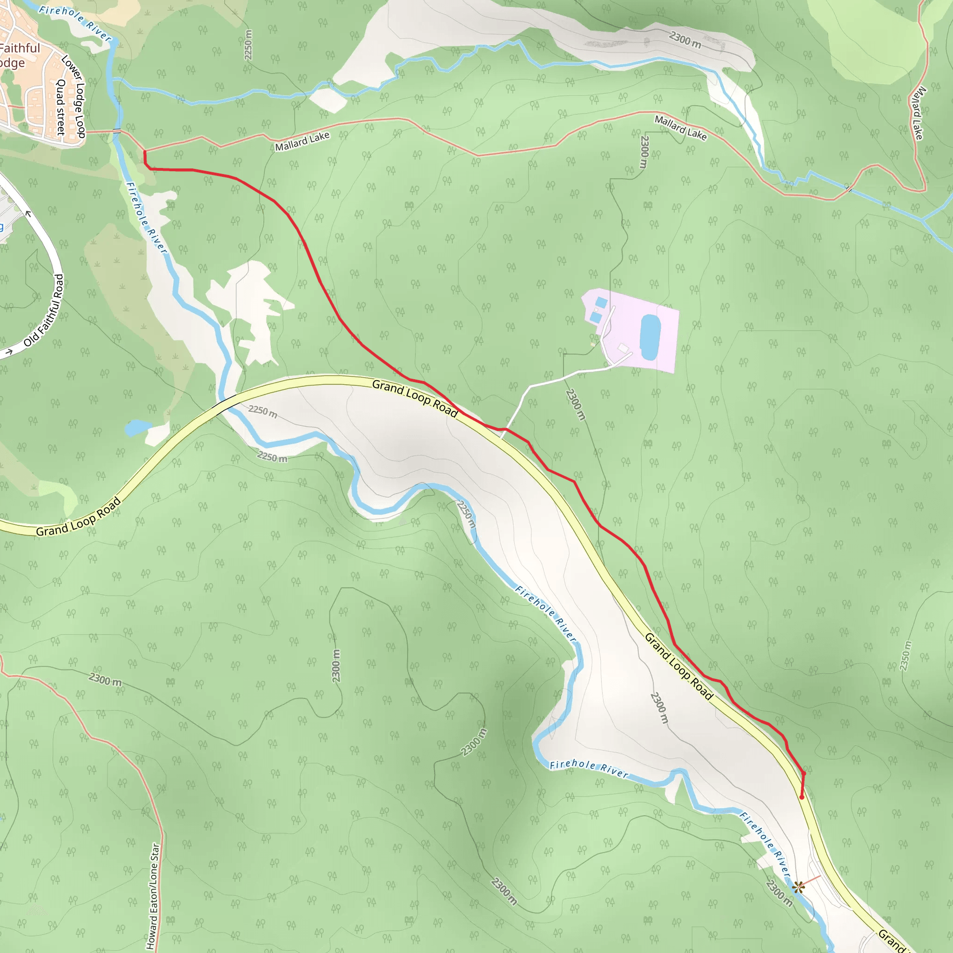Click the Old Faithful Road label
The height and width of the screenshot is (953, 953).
(x=45, y=311)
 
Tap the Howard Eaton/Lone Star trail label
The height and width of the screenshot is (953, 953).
(x=153, y=895)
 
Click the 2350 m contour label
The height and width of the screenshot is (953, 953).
(x=905, y=656)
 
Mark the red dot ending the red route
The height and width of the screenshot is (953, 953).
(x=802, y=797)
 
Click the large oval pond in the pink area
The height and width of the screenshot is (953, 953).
(x=650, y=337)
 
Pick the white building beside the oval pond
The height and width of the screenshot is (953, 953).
(x=624, y=349)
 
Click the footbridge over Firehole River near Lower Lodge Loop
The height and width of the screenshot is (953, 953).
(x=117, y=131)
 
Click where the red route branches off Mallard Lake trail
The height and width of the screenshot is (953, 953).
(x=145, y=151)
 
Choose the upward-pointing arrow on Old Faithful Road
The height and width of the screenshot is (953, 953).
(x=28, y=214)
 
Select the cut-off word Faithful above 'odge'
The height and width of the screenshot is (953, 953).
(x=20, y=48)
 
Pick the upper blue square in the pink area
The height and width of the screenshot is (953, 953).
(x=601, y=302)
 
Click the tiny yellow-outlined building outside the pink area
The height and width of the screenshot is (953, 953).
(x=592, y=344)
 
